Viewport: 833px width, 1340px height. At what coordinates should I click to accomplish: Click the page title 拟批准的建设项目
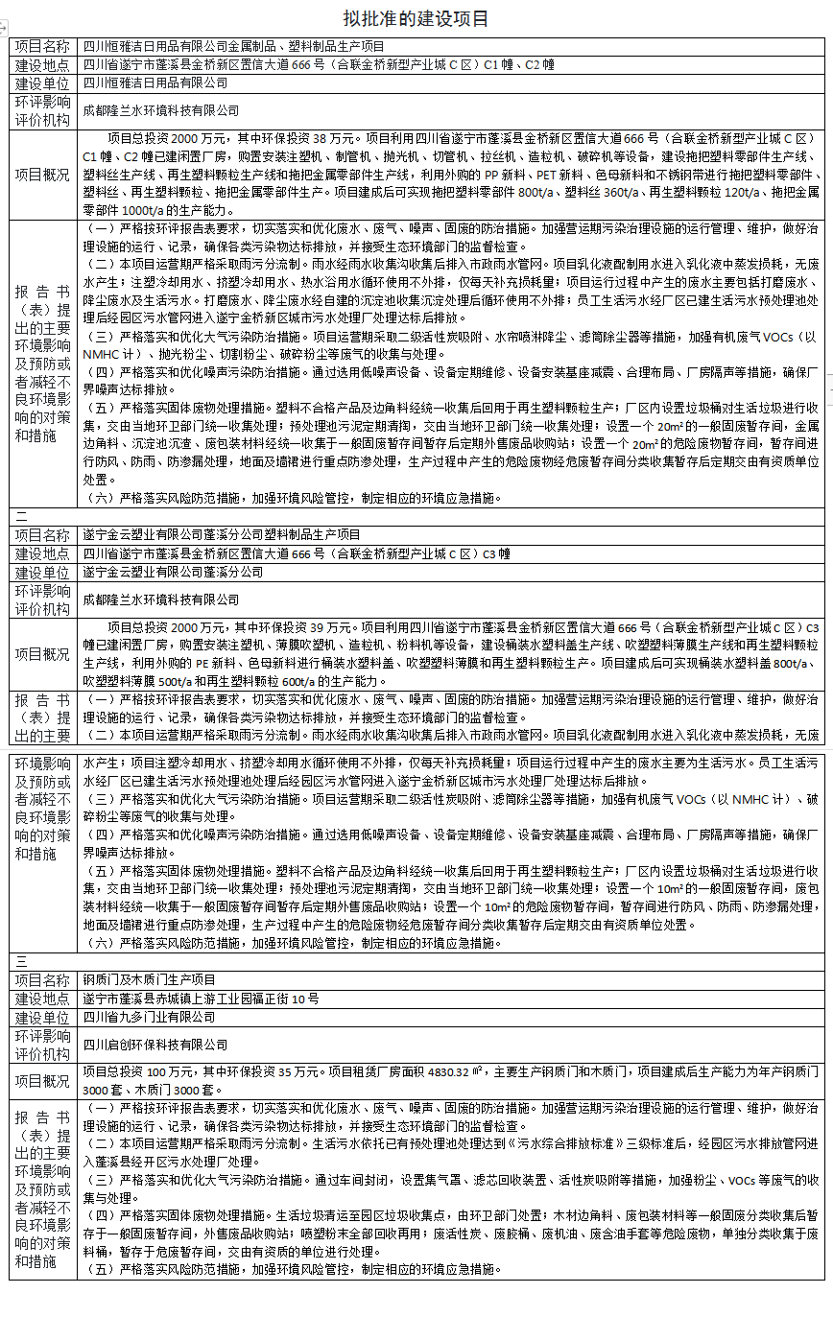[416, 19]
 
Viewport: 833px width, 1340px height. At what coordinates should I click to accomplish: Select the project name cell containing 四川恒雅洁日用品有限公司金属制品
[233, 47]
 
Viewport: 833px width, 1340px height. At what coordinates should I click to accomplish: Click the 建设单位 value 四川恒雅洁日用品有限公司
[160, 84]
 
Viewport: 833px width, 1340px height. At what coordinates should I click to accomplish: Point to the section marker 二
[21, 516]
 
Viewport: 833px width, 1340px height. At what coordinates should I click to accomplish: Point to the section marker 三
[21, 961]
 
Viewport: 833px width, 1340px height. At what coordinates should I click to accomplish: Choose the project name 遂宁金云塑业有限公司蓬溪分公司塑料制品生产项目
[222, 535]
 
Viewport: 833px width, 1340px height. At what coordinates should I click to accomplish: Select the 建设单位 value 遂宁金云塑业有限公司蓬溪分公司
[173, 573]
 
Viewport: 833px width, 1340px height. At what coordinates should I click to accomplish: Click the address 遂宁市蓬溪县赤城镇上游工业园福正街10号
[201, 999]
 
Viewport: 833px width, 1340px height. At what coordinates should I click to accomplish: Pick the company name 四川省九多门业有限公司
[149, 1017]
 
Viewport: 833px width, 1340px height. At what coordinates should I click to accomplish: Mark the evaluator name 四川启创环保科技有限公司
[155, 1045]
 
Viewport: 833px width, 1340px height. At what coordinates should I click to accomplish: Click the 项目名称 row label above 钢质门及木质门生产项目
[43, 980]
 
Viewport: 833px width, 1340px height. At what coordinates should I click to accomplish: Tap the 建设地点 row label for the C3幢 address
[43, 553]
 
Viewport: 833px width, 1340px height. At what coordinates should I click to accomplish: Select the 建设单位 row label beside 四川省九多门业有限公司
[43, 1017]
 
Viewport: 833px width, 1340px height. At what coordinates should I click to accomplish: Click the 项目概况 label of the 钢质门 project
[43, 1082]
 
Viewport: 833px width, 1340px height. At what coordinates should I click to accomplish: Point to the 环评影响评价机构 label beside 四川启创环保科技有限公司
[43, 1045]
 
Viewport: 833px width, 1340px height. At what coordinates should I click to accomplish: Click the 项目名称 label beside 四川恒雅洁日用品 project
[43, 47]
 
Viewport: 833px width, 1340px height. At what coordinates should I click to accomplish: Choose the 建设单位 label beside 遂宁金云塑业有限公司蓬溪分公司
[43, 573]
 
